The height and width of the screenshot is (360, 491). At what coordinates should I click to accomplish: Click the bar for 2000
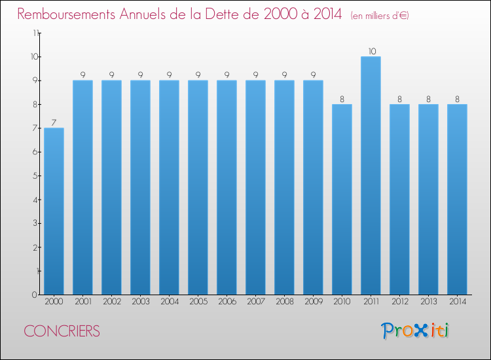pyautogui.click(x=54, y=211)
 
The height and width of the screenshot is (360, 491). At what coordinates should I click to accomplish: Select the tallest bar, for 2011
pyautogui.click(x=371, y=175)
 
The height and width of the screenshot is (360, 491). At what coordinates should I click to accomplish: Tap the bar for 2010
pyautogui.click(x=342, y=199)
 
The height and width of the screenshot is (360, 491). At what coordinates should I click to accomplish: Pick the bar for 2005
pyautogui.click(x=198, y=187)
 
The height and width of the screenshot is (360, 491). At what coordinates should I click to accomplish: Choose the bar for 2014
pyautogui.click(x=457, y=199)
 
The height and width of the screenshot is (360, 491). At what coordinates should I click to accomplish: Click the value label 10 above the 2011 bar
pyautogui.click(x=371, y=51)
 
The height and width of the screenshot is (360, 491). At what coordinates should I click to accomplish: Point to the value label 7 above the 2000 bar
pyautogui.click(x=54, y=122)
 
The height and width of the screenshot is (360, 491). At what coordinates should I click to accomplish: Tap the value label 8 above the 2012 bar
pyautogui.click(x=399, y=99)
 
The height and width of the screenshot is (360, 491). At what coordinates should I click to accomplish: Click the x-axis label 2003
pyautogui.click(x=140, y=302)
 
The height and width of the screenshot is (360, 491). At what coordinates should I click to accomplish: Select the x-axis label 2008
pyautogui.click(x=284, y=302)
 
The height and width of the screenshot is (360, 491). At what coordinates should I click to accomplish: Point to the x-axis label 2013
pyautogui.click(x=428, y=302)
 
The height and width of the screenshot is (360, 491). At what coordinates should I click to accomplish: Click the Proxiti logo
pyautogui.click(x=415, y=331)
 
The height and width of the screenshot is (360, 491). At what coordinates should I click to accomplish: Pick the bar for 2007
pyautogui.click(x=255, y=187)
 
